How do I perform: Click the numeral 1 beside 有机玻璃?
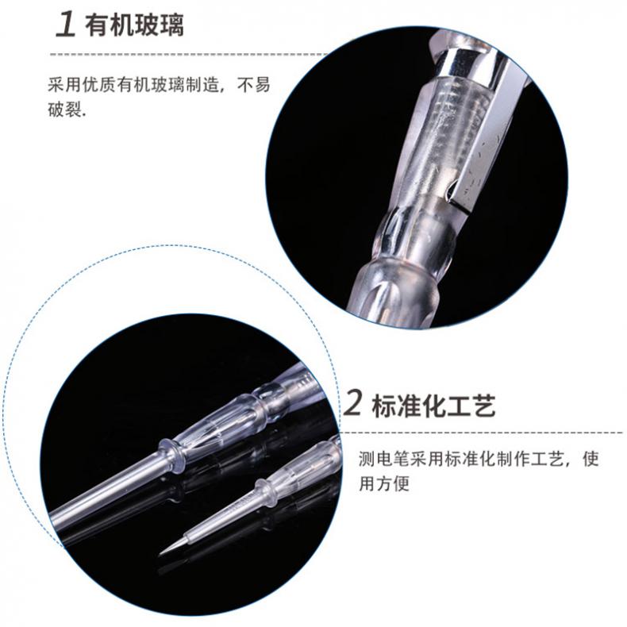[66, 24]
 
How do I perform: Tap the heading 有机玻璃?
[134, 25]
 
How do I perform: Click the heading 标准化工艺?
[434, 406]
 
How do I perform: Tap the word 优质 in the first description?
[99, 84]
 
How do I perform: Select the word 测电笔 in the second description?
[385, 459]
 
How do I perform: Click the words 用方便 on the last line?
[385, 483]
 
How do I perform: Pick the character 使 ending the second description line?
[591, 459]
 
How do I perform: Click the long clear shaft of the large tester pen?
[107, 487]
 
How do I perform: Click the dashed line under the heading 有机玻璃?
[188, 54]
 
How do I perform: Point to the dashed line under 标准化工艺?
[481, 433]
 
